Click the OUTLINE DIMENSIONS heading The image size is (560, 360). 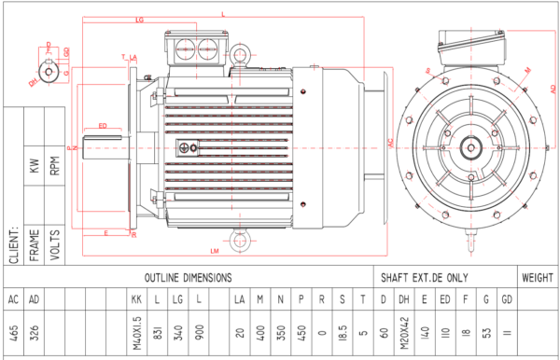[x=189, y=278]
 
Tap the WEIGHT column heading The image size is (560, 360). [x=538, y=278]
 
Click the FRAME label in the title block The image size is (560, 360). [x=35, y=245]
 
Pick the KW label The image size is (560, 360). [x=35, y=168]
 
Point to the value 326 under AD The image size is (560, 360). [x=35, y=333]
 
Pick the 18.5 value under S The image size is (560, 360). [x=343, y=333]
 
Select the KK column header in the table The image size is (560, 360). [x=136, y=299]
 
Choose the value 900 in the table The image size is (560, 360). [x=198, y=333]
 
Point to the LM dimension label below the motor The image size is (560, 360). [x=215, y=252]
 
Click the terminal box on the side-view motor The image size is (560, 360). [x=196, y=49]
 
